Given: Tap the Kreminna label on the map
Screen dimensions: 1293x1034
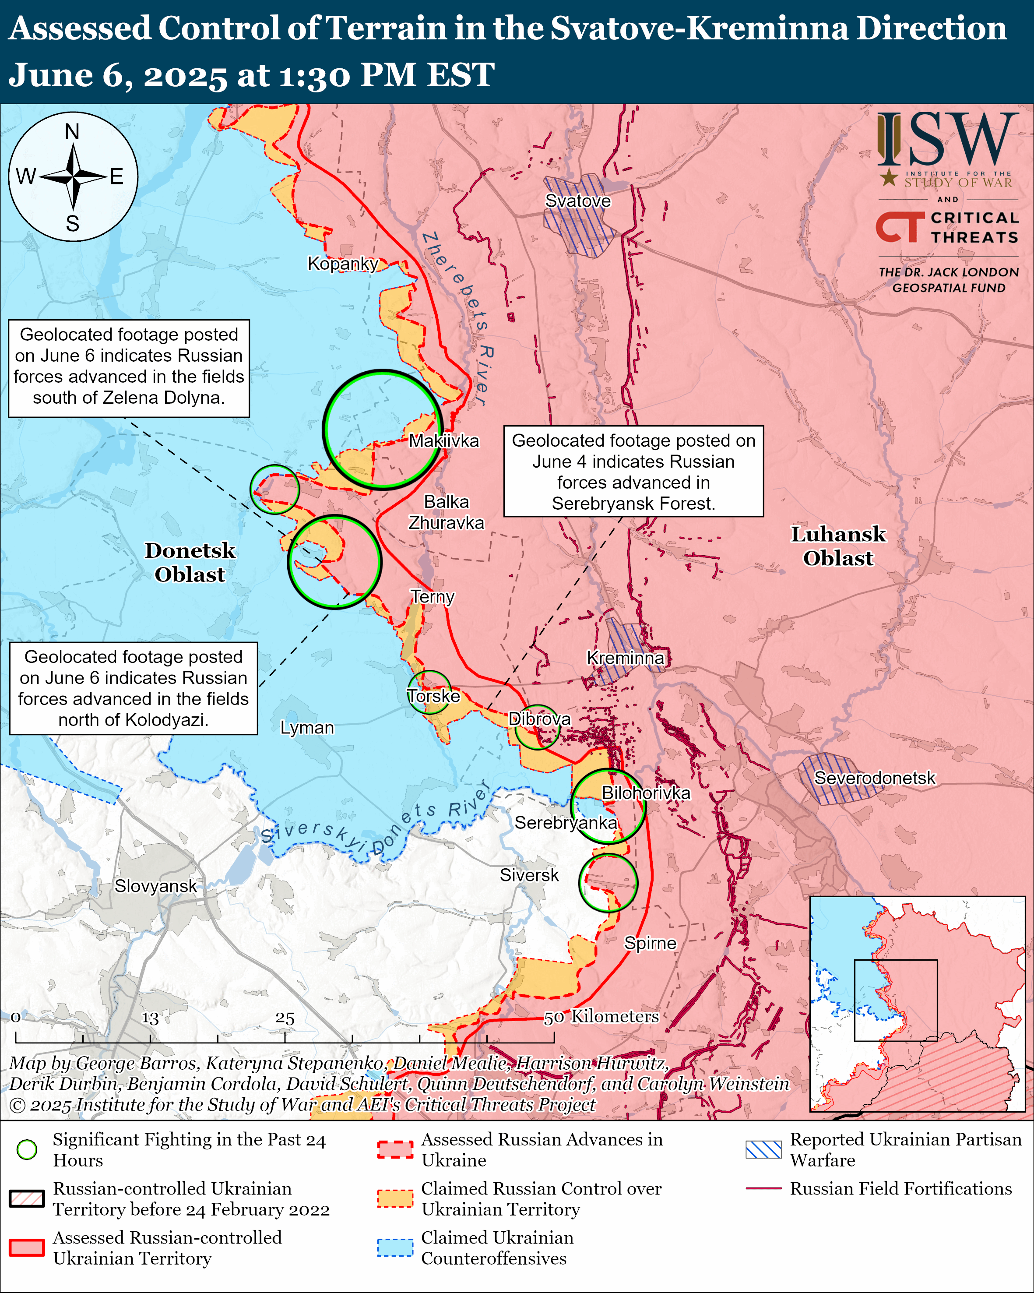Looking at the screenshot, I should pos(625,658).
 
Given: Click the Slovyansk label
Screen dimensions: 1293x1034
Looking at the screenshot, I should pos(155,886).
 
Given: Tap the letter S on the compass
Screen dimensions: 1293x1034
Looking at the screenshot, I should pos(73,224).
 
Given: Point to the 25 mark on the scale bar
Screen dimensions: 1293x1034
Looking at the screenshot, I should pos(285,1018).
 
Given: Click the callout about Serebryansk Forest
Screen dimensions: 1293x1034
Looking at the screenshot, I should pos(633,472).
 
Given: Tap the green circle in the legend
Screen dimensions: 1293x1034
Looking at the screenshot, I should pos(27,1150).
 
